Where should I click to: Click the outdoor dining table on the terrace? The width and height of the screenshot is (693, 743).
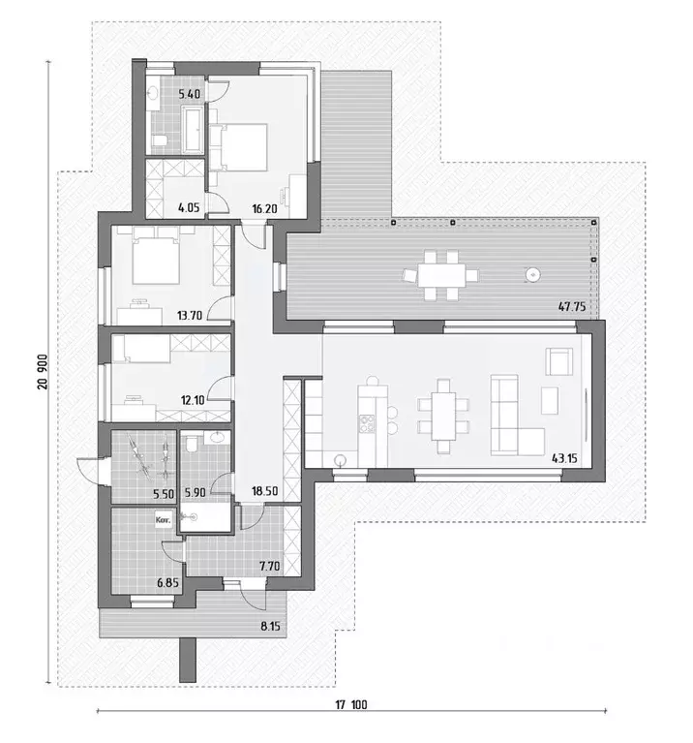pos(447,274)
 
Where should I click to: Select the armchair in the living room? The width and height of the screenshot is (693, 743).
pos(558,362)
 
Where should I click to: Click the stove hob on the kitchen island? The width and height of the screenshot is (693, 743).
pos(368,423)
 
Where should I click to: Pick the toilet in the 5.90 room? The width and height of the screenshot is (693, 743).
pos(192,446)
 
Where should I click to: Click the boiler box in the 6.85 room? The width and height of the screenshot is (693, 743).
pos(164,519)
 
